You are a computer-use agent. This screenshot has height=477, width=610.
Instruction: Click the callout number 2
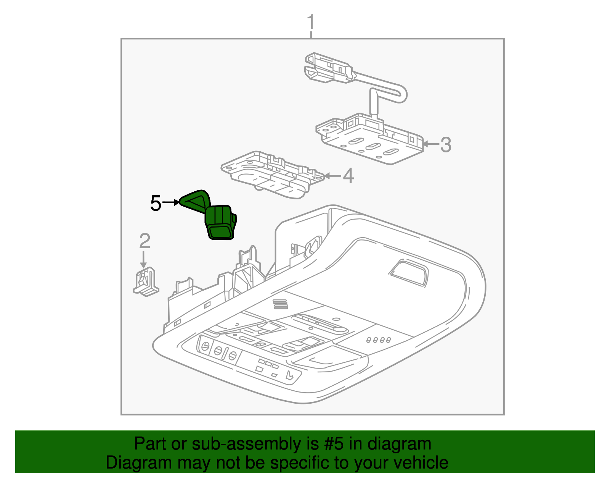tap(144, 241)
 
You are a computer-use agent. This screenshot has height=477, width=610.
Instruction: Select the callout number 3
tap(446, 145)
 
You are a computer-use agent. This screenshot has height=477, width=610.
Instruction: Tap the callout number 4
tap(348, 176)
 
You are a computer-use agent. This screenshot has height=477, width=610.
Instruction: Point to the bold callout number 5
tap(156, 203)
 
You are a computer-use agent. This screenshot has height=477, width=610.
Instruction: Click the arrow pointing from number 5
tap(171, 202)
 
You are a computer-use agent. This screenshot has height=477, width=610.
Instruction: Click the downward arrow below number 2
tap(144, 259)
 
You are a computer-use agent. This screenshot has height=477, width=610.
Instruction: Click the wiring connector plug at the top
tap(329, 68)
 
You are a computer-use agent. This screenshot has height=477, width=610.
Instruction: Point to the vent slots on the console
tap(280, 304)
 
